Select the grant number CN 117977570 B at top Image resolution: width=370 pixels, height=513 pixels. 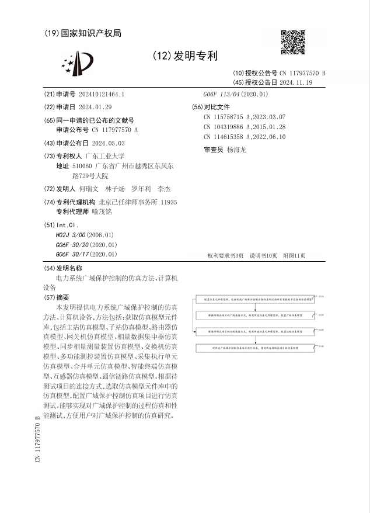click(x=302, y=73)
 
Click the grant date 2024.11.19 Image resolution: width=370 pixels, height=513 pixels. click(x=296, y=82)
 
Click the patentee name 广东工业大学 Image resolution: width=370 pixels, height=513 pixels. click(x=105, y=156)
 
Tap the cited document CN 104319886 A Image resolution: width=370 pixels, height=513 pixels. click(x=245, y=127)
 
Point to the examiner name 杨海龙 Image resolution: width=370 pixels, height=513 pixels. click(x=236, y=150)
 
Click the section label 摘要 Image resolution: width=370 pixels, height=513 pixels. click(x=62, y=297)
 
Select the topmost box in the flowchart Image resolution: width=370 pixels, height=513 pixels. click(x=254, y=298)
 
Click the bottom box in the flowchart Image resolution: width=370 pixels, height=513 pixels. click(x=254, y=347)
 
